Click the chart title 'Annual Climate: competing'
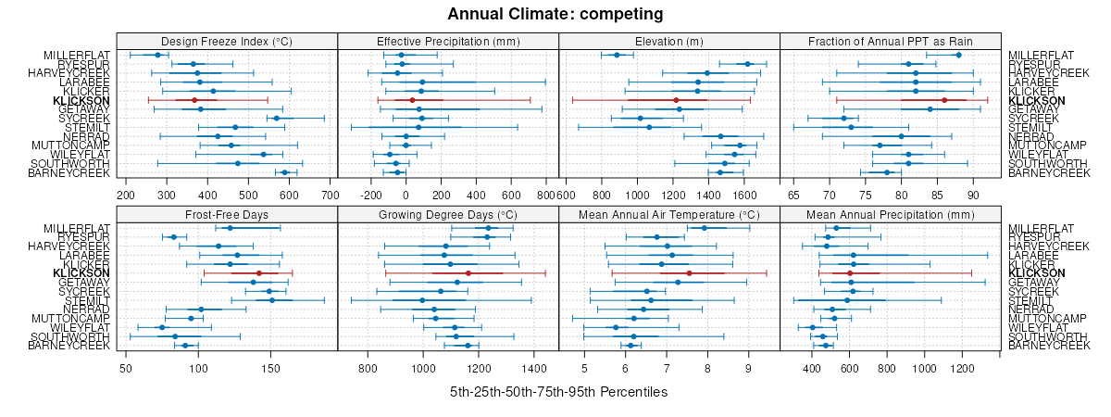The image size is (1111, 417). click(555, 14)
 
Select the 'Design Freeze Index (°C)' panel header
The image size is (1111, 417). click(227, 41)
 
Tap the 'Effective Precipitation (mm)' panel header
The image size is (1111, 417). click(448, 41)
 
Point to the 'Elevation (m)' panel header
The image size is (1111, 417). click(669, 41)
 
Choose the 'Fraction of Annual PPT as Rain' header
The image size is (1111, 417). click(891, 41)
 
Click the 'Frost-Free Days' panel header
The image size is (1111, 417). click(227, 214)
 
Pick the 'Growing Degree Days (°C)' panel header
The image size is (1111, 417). click(448, 214)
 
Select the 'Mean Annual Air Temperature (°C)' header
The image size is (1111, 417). click(669, 214)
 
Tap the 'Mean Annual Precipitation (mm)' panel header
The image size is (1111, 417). click(891, 214)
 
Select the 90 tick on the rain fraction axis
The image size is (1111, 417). click(973, 196)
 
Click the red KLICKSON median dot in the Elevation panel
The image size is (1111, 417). click(676, 100)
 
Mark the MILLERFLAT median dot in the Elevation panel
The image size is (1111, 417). click(617, 55)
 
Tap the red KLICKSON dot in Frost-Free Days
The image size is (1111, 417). click(259, 273)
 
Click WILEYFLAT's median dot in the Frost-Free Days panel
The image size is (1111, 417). click(162, 327)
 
